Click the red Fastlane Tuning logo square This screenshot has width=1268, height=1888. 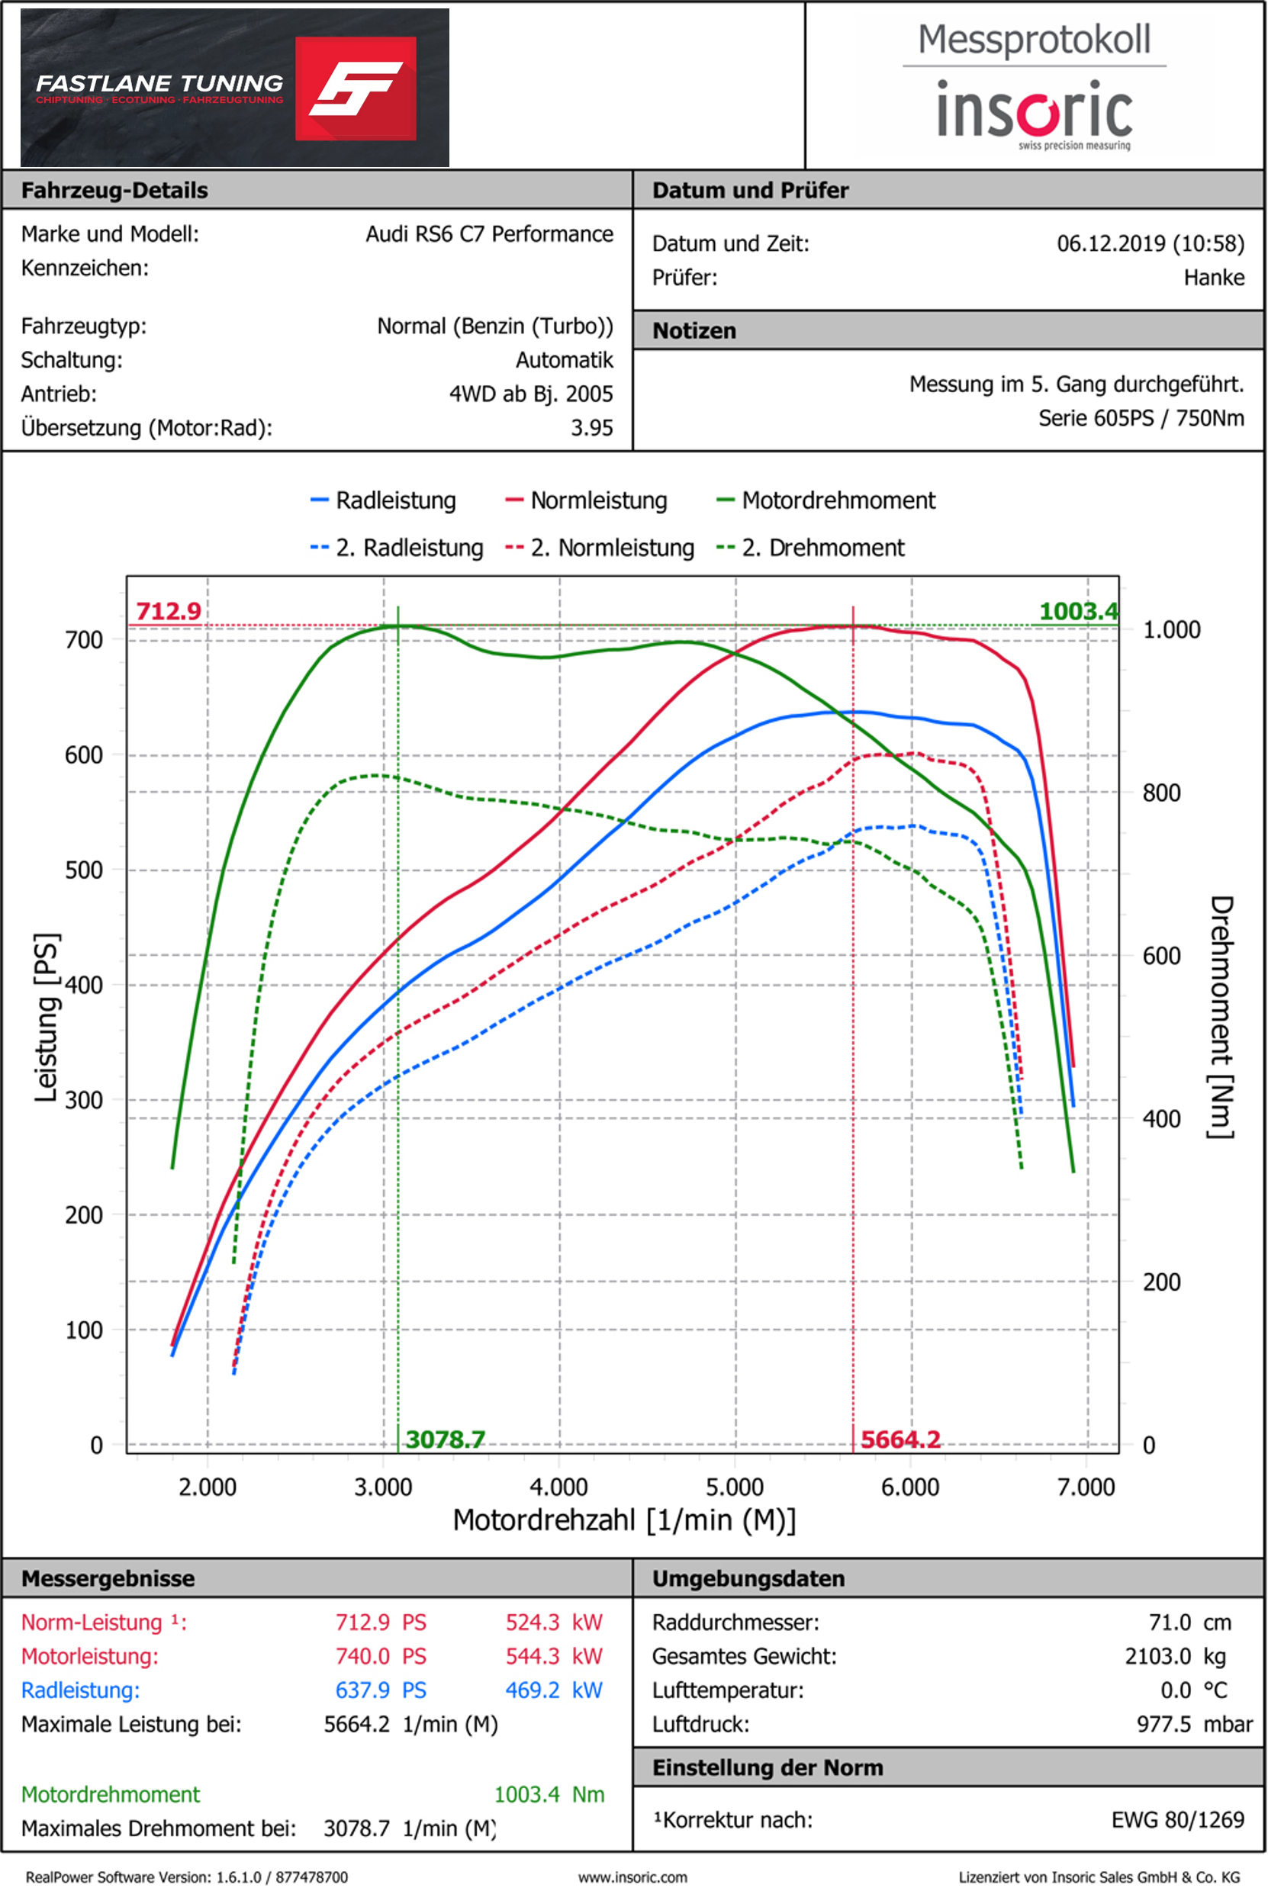pyautogui.click(x=355, y=88)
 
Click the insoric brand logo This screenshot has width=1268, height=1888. pyautogui.click(x=1035, y=110)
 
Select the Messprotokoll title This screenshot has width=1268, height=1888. pyautogui.click(x=1034, y=40)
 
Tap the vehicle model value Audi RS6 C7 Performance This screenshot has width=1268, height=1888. pyautogui.click(x=488, y=233)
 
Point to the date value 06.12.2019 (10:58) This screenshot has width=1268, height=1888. pyautogui.click(x=1150, y=243)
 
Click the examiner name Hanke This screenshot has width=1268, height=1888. pyautogui.click(x=1213, y=278)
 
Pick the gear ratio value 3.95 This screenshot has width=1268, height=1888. pyautogui.click(x=591, y=428)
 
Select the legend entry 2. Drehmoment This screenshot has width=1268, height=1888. pyautogui.click(x=810, y=548)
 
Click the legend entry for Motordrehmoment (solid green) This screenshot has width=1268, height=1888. pyautogui.click(x=825, y=500)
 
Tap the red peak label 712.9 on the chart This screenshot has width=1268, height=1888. pyautogui.click(x=168, y=610)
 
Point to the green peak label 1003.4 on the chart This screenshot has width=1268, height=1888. pyautogui.click(x=1078, y=610)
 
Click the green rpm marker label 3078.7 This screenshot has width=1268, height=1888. pyautogui.click(x=445, y=1439)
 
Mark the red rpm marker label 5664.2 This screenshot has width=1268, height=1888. pyautogui.click(x=900, y=1439)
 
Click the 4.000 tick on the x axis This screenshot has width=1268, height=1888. pyautogui.click(x=558, y=1487)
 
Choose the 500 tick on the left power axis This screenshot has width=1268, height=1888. pyautogui.click(x=84, y=870)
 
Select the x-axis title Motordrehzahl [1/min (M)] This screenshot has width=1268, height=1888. pyautogui.click(x=624, y=1520)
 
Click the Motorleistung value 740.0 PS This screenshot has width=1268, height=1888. pyautogui.click(x=380, y=1656)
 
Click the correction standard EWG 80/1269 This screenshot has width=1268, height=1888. pyautogui.click(x=1176, y=1819)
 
